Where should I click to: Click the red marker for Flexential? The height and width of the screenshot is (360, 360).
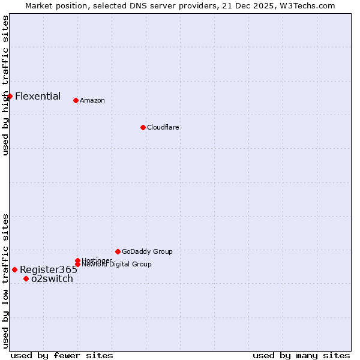10,96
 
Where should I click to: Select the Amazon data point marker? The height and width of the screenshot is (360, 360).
76,100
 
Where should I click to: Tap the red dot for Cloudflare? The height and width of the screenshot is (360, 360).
143,127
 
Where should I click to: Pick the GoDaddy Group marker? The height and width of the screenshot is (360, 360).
118,251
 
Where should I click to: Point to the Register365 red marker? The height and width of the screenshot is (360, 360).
14,269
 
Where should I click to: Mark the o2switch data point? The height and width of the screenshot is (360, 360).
26,278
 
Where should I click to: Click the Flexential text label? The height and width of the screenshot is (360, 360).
38,96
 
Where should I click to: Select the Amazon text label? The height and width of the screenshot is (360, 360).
92,100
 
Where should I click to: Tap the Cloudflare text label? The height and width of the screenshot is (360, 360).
163,127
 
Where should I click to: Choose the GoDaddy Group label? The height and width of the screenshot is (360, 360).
147,251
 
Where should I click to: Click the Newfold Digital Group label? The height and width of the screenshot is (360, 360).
116,265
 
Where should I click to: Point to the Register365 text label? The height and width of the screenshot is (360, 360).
49,269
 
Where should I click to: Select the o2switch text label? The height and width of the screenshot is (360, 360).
52,278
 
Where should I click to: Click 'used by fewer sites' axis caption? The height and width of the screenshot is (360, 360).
62,355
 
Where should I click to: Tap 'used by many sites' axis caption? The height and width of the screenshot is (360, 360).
301,355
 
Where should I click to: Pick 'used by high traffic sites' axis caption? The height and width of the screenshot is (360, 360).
5,85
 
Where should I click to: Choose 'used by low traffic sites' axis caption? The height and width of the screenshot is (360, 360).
5,281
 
